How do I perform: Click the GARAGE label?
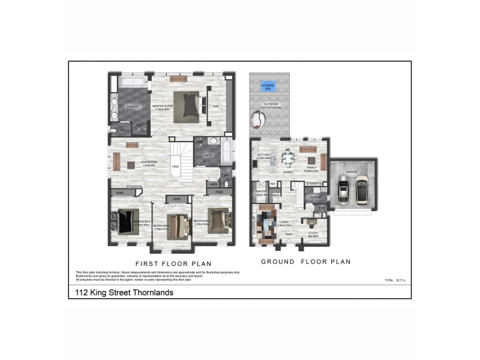pyautogui.click(x=351, y=172)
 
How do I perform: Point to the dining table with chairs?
pyautogui.click(x=288, y=160)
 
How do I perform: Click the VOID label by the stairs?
pyautogui.click(x=175, y=166)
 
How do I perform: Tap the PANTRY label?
pyautogui.click(x=260, y=191)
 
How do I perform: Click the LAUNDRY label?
pyautogui.click(x=316, y=196)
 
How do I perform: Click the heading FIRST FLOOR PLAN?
pyautogui.click(x=173, y=264)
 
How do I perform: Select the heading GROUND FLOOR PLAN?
pyautogui.click(x=305, y=262)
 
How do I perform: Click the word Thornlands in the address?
pyautogui.click(x=152, y=293)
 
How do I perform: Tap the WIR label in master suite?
pyautogui.click(x=215, y=107)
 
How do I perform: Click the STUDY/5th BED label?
pyautogui.click(x=313, y=234)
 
